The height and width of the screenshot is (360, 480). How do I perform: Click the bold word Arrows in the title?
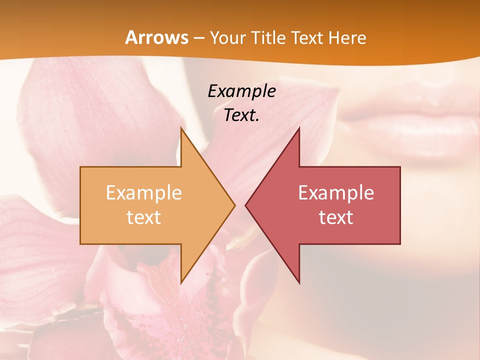tap(156, 38)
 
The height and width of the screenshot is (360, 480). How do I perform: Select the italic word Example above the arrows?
tap(241, 91)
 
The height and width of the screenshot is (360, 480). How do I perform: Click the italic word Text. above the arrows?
tap(241, 115)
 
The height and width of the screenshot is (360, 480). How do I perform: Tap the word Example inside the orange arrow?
tap(144, 193)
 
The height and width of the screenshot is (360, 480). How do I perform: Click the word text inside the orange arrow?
tap(144, 217)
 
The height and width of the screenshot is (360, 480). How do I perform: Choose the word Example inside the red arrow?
tap(336, 193)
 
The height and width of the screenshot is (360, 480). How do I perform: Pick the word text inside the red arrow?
tap(336, 217)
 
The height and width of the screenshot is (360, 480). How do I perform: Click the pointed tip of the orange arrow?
tap(234, 205)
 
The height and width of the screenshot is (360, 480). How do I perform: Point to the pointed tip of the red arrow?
tap(245, 205)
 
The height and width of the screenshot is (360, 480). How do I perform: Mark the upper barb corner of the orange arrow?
tap(181, 128)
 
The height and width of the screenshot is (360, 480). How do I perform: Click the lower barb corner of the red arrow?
tap(299, 283)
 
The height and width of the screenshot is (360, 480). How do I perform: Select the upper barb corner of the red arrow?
tap(299, 128)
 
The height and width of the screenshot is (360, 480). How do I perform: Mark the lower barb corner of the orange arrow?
tap(181, 283)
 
